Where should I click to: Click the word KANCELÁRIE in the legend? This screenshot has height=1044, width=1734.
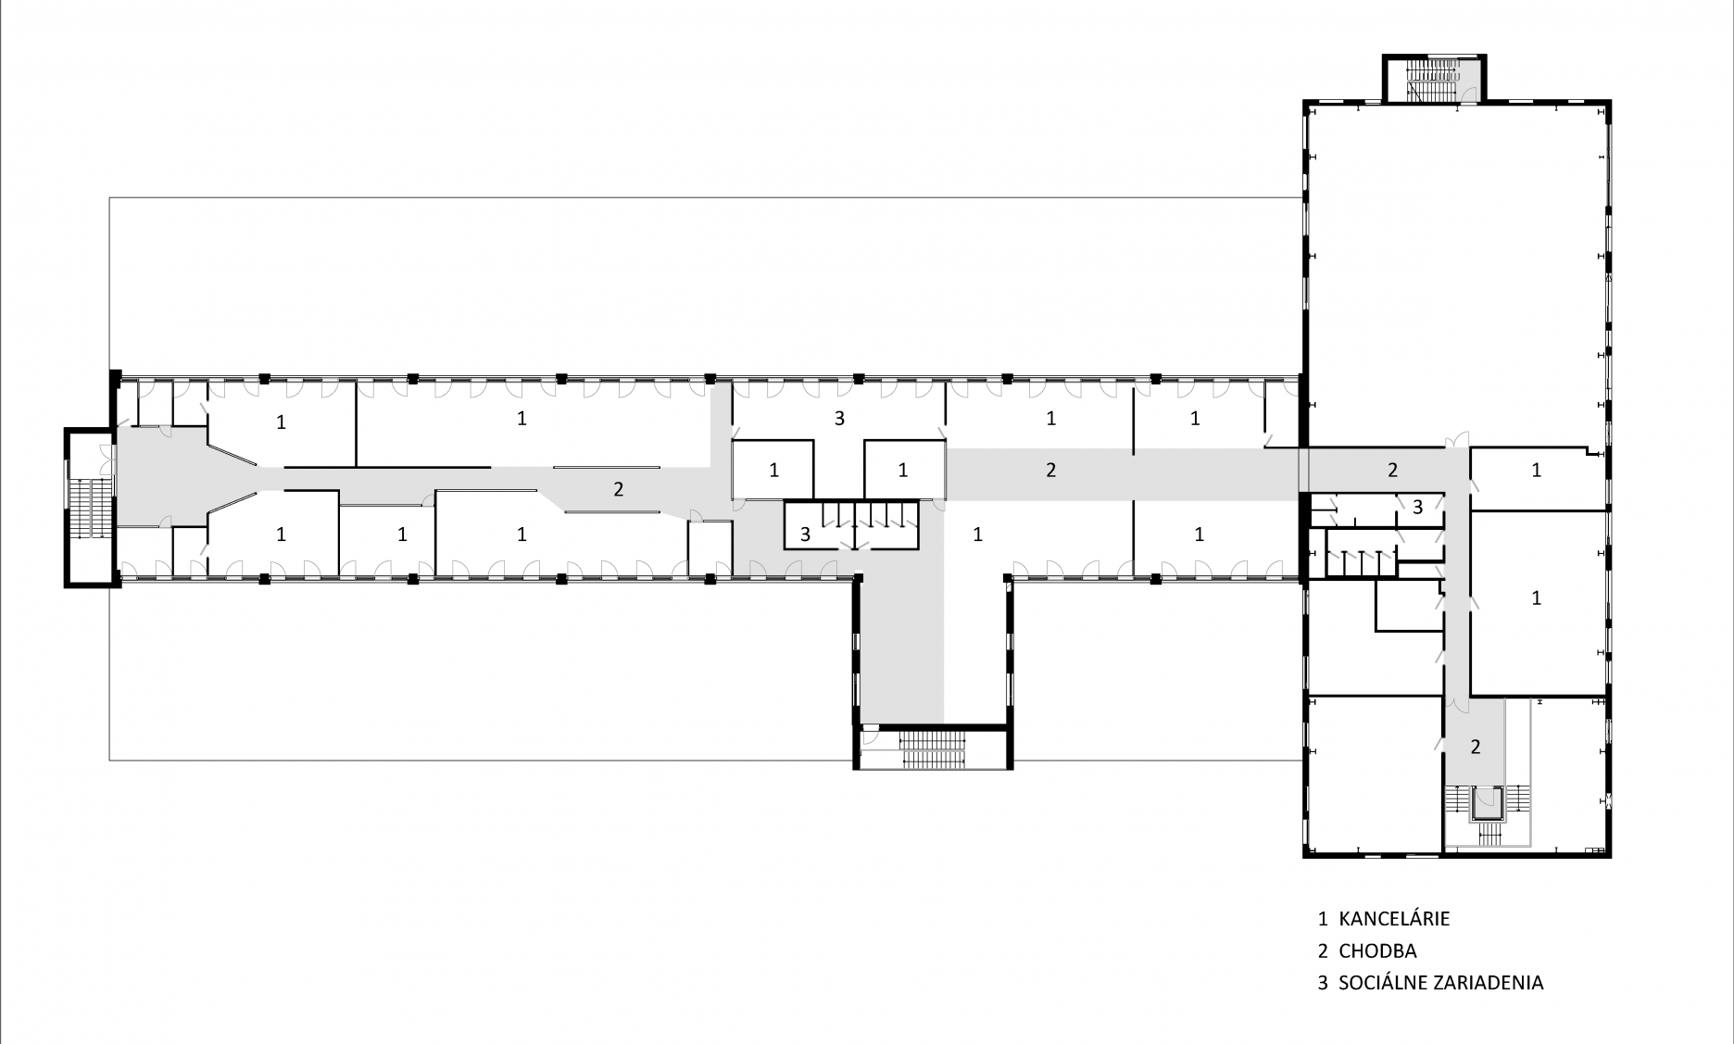pos(1394,919)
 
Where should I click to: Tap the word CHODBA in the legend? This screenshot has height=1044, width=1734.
pos(1377,950)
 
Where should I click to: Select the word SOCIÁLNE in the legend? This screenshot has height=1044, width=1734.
pos(1381,982)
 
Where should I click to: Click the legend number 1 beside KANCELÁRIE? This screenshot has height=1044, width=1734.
pos(1323,919)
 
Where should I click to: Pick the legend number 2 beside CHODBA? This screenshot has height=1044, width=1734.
pos(1323,950)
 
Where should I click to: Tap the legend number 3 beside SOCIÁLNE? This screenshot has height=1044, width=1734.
pos(1323,982)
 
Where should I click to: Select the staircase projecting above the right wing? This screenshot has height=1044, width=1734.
pos(1435,79)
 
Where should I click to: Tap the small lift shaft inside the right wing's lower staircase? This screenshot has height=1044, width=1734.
pos(1488,802)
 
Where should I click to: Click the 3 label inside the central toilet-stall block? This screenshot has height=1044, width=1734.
pos(805,534)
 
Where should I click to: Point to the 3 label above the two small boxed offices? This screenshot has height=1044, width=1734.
pos(839,418)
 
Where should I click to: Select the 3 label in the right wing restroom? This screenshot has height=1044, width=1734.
pos(1417,507)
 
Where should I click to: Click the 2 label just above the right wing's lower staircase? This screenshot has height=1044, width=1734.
pos(1476,746)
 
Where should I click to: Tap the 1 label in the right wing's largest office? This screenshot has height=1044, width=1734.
pos(1536,598)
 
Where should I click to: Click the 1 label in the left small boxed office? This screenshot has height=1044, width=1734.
pos(773,471)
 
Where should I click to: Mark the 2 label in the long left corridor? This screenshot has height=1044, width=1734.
pos(618,489)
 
